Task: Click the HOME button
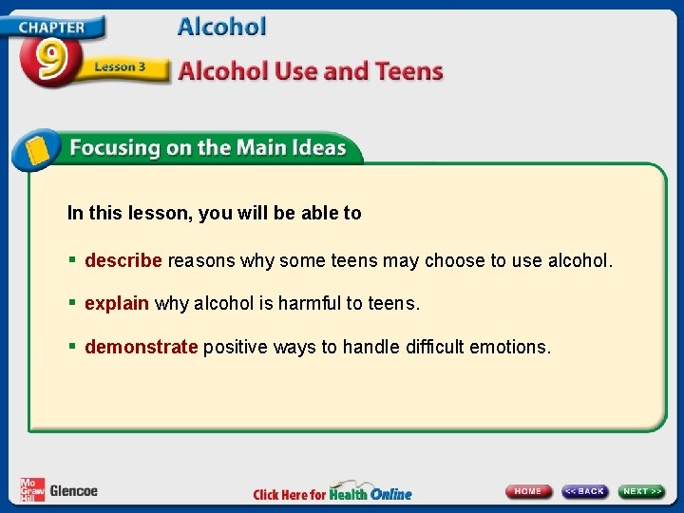pos(529,491)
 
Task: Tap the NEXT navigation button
pos(642,491)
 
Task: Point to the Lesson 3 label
pos(120,66)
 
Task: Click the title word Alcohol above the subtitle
pos(222,27)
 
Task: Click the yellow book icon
pos(36,150)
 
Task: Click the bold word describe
pos(123,260)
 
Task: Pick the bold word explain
pos(117,304)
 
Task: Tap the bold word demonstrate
pos(142,347)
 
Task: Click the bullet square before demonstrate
pos(72,347)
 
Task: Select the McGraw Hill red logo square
pos(32,489)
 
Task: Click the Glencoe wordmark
pos(73,491)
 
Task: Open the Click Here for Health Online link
pos(332,493)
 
